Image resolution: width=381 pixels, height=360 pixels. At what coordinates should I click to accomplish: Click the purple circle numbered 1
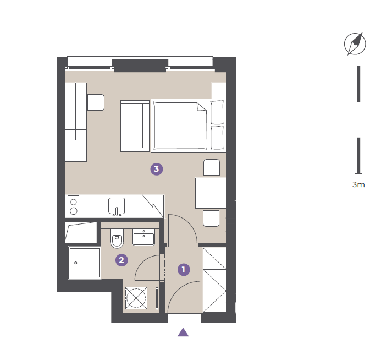click(184, 270)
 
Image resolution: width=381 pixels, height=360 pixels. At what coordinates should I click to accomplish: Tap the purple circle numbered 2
click(122, 260)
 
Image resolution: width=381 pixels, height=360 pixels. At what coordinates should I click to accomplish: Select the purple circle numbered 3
click(157, 169)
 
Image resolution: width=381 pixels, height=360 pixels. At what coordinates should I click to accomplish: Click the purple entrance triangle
click(183, 332)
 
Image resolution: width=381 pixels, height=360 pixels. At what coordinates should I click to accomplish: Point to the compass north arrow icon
click(355, 44)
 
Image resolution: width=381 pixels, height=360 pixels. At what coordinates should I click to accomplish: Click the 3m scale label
click(358, 184)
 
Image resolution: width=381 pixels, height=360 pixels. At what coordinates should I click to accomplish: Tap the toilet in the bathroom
click(117, 238)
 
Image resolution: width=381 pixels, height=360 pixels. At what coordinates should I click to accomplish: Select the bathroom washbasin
click(144, 237)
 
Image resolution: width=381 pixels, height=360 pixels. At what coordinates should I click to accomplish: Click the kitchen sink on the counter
click(117, 206)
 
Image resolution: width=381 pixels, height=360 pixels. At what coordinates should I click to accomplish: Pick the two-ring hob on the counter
click(73, 206)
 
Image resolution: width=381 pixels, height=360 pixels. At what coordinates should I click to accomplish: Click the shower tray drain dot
click(75, 263)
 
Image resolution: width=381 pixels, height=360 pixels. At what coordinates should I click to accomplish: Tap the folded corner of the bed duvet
click(201, 107)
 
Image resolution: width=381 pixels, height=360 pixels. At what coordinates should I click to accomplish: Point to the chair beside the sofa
click(96, 102)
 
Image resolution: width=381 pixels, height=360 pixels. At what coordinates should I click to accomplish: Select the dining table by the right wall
click(211, 193)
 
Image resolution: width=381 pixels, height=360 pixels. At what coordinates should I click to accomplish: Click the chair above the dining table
click(212, 167)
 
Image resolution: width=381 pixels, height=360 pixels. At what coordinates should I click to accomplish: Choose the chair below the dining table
click(211, 219)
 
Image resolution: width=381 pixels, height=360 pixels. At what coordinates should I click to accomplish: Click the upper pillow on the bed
click(217, 112)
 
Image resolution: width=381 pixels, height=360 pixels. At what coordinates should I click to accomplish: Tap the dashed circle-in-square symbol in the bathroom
click(136, 298)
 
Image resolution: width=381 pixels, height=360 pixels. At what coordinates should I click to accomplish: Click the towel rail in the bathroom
click(157, 298)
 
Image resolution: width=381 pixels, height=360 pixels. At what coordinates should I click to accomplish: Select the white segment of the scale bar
click(358, 120)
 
